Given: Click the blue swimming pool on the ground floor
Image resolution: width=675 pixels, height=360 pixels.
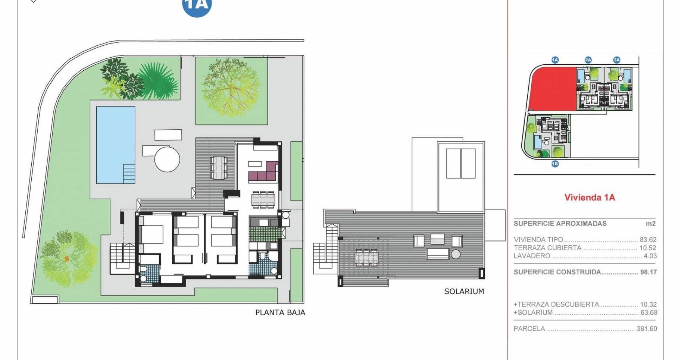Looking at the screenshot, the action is [x=116, y=145].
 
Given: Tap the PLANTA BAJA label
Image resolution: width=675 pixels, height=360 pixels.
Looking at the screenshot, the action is [x=280, y=312].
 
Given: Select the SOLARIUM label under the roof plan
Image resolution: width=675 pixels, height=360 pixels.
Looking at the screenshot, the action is [x=464, y=291].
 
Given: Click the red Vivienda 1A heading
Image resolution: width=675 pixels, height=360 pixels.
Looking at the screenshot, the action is [x=590, y=197].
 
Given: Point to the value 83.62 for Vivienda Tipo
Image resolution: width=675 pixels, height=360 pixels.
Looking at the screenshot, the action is [x=648, y=240].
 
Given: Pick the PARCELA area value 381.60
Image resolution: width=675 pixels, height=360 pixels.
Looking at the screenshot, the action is [x=647, y=329].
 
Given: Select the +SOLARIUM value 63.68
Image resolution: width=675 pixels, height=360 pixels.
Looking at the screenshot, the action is [x=649, y=313].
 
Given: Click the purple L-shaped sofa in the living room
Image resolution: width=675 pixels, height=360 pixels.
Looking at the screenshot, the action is [x=264, y=172].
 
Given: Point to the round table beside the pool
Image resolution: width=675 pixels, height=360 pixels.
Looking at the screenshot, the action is [x=167, y=159].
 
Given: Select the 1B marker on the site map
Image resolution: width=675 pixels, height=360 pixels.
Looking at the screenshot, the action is [x=555, y=164].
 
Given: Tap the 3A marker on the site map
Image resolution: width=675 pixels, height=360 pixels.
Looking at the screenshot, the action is [x=617, y=60].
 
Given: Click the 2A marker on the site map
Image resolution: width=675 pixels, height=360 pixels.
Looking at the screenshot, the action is [x=588, y=60].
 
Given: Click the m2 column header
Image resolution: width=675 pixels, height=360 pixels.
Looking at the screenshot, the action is [x=651, y=224].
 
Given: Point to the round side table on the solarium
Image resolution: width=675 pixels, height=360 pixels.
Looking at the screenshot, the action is [x=456, y=254].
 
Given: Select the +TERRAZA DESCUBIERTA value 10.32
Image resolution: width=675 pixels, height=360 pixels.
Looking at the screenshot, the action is [x=648, y=304].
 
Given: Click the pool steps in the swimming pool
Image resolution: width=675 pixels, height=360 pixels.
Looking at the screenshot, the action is [x=129, y=173].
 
